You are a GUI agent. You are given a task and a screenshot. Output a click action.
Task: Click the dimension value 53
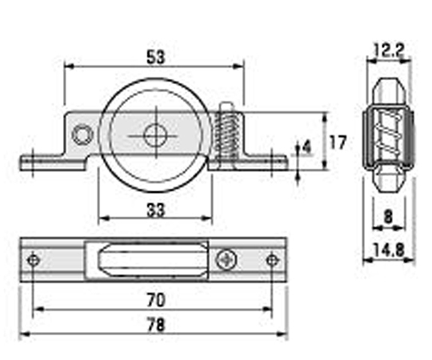pos(156,58)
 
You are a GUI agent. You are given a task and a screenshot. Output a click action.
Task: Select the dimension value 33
pos(156,210)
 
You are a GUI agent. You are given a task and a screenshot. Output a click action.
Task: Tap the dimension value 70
pos(156,300)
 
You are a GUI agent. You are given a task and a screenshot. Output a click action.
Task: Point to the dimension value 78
pos(156,325)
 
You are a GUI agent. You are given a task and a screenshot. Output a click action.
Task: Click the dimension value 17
pos(338,142)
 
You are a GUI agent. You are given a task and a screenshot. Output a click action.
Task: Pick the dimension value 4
pos(306,147)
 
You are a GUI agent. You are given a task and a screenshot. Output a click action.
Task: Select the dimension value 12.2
pos(390,50)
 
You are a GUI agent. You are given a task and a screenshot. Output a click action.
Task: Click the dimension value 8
pos(388,217)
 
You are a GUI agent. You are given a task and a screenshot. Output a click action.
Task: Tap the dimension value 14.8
pos(389,250)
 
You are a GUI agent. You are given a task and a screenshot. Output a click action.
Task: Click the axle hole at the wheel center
pos(156,136)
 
